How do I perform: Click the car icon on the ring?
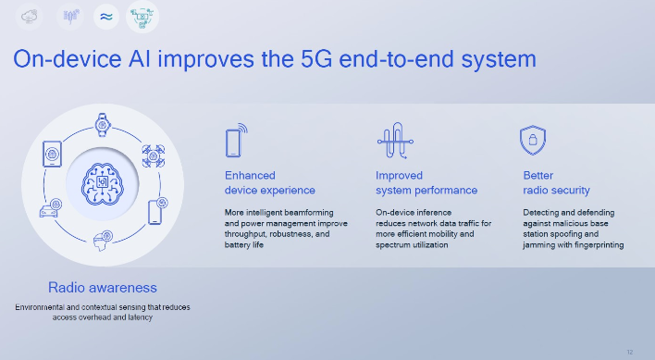pyautogui.click(x=48, y=210)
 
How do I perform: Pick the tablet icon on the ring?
pyautogui.click(x=51, y=154)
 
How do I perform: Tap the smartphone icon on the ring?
pyautogui.click(x=156, y=210)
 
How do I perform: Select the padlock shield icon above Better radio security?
pyautogui.click(x=530, y=140)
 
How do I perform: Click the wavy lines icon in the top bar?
pyautogui.click(x=105, y=15)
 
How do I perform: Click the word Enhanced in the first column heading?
pyautogui.click(x=250, y=175)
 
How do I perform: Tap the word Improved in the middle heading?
pyautogui.click(x=399, y=175)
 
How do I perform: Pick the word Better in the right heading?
pyautogui.click(x=538, y=175)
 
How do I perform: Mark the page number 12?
pyautogui.click(x=630, y=351)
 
